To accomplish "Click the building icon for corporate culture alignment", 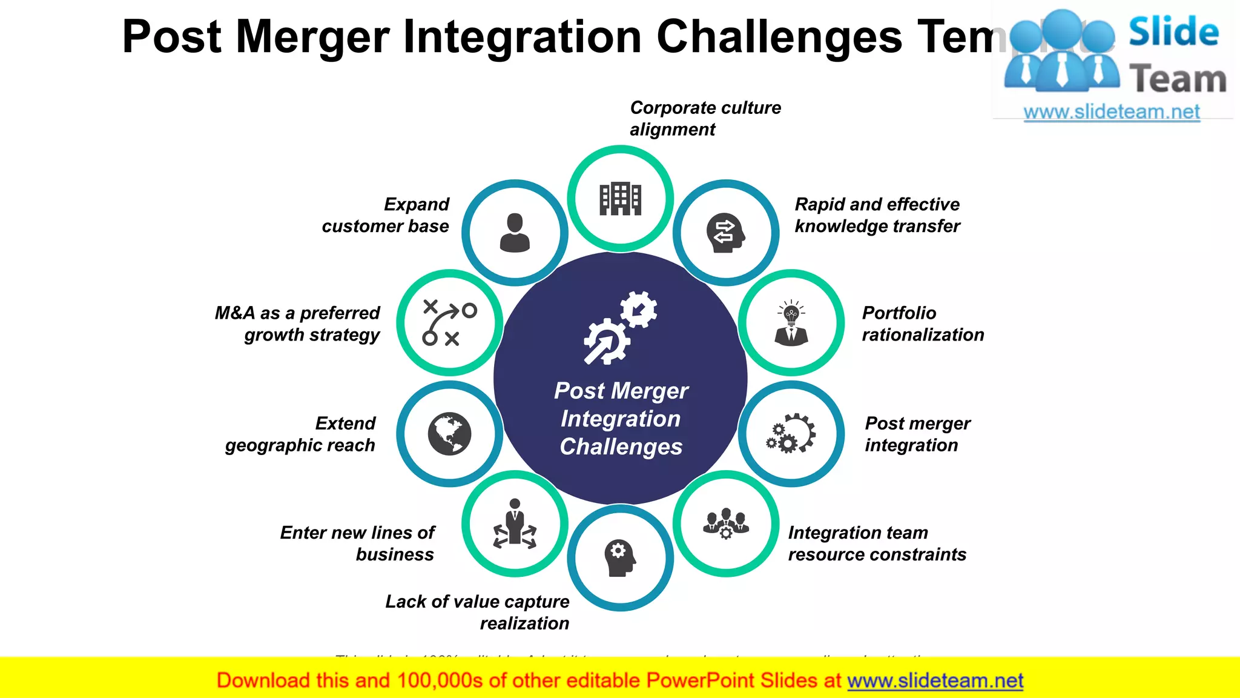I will point(620,199).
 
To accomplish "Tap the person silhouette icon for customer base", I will point(515,233).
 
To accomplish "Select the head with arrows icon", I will point(725,233).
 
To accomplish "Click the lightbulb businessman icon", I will point(791,323).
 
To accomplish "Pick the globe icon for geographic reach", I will point(449,434).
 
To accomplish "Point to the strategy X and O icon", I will point(449,323).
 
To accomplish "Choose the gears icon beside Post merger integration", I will point(791,434).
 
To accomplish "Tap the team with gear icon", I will point(725,523).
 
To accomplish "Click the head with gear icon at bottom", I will point(620,557).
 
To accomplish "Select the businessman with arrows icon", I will point(515,523).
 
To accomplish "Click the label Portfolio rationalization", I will point(923,324).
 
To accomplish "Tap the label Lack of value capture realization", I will point(477,612).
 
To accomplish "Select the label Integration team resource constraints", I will point(877,543).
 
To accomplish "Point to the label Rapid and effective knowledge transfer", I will point(877,215).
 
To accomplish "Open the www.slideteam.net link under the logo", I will point(1112,111).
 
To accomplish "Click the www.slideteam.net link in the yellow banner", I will point(935,680).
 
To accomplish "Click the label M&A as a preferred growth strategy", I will point(297,324).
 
